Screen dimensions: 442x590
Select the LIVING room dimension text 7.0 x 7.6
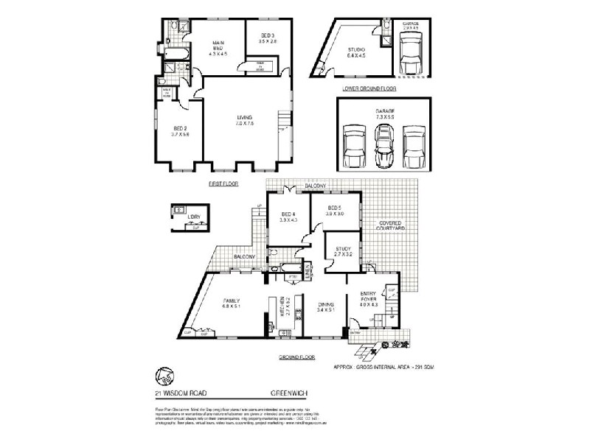244,123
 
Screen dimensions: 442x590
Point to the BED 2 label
181,130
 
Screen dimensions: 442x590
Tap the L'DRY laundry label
194,217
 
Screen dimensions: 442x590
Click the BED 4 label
287,214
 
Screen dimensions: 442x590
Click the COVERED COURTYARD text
392,225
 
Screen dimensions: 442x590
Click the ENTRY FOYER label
368,297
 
